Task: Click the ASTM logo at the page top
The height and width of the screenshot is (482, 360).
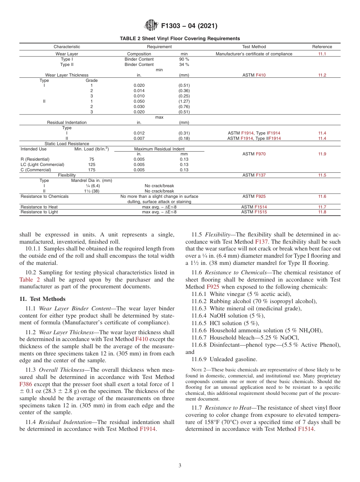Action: coord(151,26)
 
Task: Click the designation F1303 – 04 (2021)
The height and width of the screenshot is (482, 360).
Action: coord(189,26)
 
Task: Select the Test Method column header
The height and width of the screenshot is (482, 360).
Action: coord(254,47)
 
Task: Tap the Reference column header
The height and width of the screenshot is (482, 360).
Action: coord(322,47)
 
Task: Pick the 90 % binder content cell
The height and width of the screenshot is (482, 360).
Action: coord(184,59)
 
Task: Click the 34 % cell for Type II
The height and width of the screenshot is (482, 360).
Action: coord(184,64)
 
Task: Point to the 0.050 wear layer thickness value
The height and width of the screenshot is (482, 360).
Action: coord(139,101)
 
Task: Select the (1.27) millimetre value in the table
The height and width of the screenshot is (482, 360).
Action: coord(184,101)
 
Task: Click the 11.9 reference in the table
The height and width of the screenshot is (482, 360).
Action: coord(322,154)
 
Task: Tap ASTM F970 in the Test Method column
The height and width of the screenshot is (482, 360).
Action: coord(254,154)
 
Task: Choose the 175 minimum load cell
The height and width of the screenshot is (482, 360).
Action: coord(92,170)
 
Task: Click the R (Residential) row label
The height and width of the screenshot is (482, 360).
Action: coord(35,159)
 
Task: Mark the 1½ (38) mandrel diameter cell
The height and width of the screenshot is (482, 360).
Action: coord(91,191)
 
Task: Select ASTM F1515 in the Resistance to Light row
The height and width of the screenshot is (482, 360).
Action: coord(254,212)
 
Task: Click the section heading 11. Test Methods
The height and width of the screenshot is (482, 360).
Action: coord(42,299)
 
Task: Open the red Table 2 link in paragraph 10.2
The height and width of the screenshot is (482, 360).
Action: coord(29,280)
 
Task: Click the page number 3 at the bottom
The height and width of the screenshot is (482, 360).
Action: coord(180,466)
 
